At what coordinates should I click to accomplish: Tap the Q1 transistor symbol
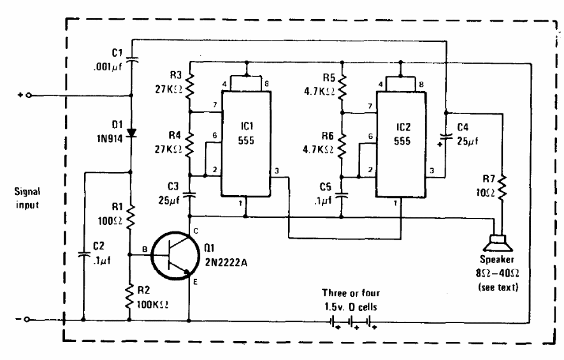(175, 256)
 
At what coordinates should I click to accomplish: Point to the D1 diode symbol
(132, 133)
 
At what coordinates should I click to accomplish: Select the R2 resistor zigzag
(129, 297)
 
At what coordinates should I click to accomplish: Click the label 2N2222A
(226, 263)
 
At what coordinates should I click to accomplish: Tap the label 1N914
(110, 138)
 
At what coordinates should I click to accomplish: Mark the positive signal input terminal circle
(29, 96)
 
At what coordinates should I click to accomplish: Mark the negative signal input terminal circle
(27, 319)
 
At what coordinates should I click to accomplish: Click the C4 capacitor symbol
(446, 136)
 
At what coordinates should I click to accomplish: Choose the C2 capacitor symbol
(83, 254)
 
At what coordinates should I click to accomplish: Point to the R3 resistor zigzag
(189, 86)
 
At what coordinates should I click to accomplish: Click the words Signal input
(27, 198)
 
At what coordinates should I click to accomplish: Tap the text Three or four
(351, 293)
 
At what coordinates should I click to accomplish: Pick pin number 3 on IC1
(277, 171)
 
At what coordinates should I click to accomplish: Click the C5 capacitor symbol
(342, 196)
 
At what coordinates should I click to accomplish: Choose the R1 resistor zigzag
(130, 217)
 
